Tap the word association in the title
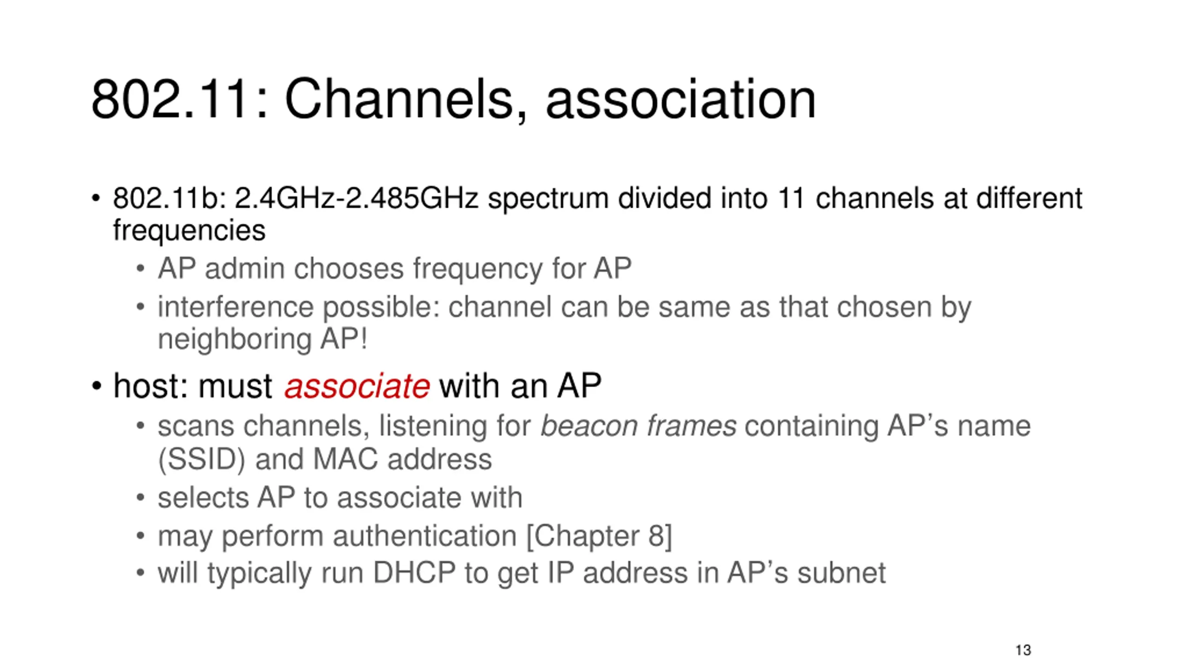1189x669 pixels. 680,99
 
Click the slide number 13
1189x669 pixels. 1023,650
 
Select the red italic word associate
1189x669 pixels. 357,386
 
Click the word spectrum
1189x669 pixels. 548,199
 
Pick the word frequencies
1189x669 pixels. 189,230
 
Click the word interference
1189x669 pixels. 235,307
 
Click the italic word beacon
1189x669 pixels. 589,426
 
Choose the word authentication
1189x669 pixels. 425,536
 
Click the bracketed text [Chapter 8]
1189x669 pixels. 599,536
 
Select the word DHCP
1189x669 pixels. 414,573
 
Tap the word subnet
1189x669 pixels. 841,573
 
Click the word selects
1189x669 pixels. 203,498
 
